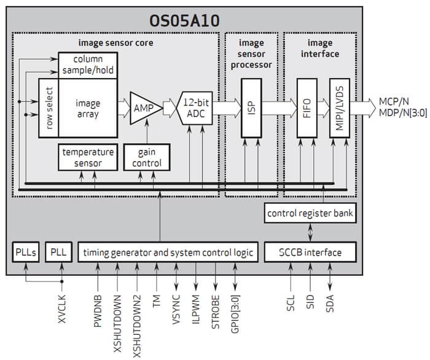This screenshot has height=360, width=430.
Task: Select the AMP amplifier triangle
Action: [144, 108]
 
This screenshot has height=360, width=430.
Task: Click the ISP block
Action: [251, 108]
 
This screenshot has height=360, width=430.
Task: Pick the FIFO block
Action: [307, 108]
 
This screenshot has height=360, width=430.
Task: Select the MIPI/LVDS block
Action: [339, 108]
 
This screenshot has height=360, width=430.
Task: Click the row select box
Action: [49, 108]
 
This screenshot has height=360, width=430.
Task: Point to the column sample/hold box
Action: [87, 65]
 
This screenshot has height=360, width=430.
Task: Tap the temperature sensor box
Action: [88, 157]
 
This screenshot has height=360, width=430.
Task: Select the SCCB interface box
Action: [311, 252]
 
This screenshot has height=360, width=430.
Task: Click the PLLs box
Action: [26, 252]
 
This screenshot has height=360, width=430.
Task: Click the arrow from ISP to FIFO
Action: [278, 108]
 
